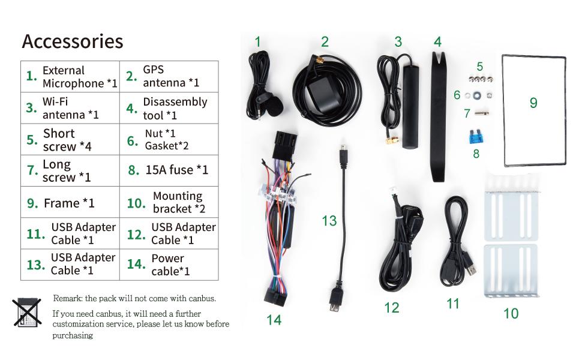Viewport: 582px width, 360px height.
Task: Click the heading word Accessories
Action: pos(72,41)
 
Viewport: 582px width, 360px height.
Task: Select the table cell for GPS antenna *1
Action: pos(169,76)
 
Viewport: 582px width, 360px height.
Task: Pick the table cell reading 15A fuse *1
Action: pos(169,170)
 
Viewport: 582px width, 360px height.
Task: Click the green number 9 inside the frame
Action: pos(533,103)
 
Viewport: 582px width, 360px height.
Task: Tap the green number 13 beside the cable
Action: pos(329,221)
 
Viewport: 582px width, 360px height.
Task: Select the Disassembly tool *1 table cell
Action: pos(169,108)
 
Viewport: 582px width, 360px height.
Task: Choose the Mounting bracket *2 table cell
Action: pos(169,203)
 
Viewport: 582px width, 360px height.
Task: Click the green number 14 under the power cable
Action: pos(274,320)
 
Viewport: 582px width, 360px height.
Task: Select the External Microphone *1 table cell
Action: pos(71,76)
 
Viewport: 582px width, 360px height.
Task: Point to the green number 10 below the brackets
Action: pos(511,313)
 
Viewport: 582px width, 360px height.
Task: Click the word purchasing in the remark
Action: pos(73,335)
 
